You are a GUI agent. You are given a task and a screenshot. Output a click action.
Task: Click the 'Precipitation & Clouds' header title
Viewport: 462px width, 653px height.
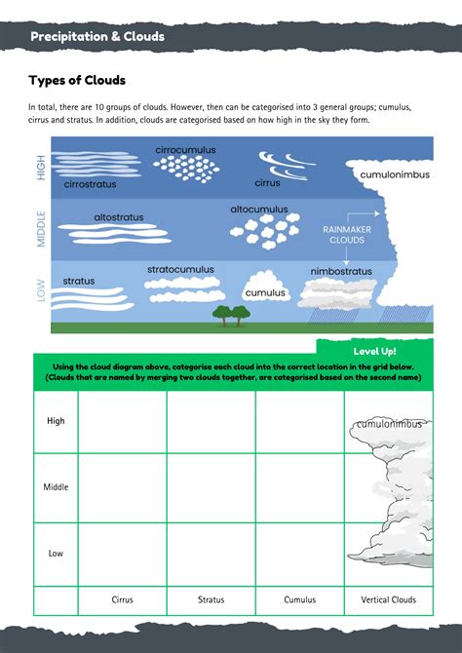(96, 37)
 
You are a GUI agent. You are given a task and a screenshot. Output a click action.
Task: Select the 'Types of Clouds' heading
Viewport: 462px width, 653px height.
(77, 80)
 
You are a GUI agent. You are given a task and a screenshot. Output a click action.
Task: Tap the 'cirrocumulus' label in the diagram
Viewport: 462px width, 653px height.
(185, 150)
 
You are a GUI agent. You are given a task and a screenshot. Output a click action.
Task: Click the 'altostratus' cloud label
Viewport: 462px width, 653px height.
(121, 216)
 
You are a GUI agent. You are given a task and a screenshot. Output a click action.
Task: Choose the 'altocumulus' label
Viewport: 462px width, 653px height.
(259, 209)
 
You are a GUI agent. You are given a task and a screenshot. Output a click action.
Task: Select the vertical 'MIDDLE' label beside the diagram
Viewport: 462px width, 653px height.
(41, 227)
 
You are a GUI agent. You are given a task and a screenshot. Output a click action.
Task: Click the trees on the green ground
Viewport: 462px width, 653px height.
(231, 313)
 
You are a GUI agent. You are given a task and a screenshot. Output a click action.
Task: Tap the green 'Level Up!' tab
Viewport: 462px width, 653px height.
(374, 350)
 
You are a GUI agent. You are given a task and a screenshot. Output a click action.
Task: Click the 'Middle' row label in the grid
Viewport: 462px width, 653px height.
(56, 486)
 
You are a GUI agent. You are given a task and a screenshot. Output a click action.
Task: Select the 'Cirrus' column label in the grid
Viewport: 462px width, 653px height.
(123, 599)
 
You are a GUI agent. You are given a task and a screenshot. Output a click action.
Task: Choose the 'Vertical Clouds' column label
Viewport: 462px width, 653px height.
(388, 599)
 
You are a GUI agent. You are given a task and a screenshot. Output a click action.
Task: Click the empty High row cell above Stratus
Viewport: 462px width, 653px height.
(212, 421)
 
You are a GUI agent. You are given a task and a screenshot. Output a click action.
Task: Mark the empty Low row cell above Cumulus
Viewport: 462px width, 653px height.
(300, 553)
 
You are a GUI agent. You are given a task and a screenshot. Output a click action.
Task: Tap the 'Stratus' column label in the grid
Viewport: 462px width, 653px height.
(212, 599)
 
